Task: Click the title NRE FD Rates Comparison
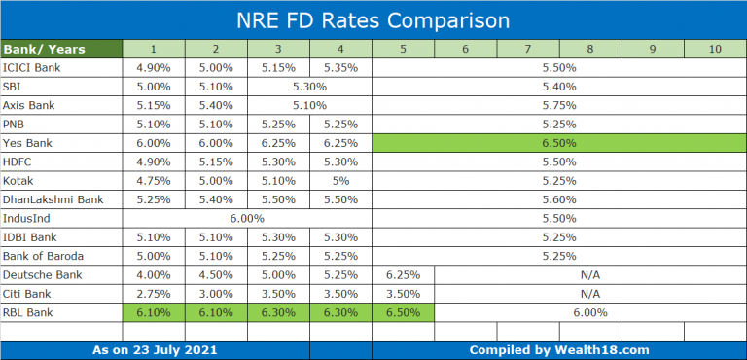[x=373, y=19]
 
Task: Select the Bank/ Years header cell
[x=62, y=49]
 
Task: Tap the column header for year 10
[x=715, y=49]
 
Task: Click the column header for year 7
[x=528, y=49]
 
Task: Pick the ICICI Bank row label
[x=62, y=68]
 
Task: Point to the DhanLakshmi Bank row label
[x=62, y=199]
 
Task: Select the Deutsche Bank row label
[x=62, y=274]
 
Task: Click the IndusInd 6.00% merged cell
[x=247, y=218]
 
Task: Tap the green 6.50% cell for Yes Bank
[x=559, y=143]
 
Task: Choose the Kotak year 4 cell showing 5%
[x=340, y=181]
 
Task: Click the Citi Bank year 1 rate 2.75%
[x=154, y=294]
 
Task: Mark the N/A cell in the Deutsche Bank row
[x=590, y=274]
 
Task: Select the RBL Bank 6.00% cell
[x=590, y=312]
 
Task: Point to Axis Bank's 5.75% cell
[x=559, y=105]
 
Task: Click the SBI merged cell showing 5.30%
[x=309, y=87]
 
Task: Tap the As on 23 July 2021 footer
[x=155, y=349]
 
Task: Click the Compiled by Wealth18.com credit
[x=559, y=349]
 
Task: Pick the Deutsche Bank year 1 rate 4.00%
[x=154, y=274]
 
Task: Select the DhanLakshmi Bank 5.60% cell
[x=559, y=199]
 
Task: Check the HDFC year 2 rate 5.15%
[x=216, y=162]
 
